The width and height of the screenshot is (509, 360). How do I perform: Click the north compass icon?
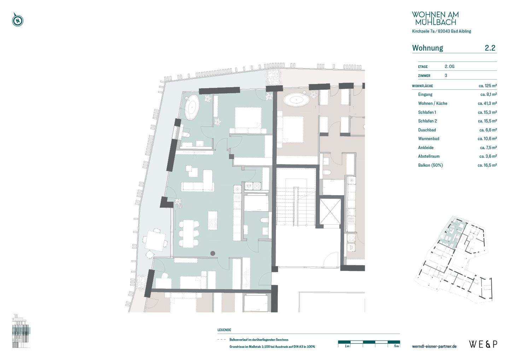18,20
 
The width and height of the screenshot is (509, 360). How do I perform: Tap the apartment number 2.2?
490,48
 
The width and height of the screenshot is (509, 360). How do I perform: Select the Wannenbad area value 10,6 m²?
487,138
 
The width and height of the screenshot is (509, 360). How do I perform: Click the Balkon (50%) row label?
431,165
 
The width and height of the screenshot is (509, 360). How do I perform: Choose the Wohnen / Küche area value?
487,104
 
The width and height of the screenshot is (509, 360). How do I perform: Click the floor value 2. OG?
450,66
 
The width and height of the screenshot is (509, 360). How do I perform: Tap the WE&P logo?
483,344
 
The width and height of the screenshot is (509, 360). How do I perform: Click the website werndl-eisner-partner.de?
434,346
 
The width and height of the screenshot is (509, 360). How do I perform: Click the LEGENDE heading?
224,330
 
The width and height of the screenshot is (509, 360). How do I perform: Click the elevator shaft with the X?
330,212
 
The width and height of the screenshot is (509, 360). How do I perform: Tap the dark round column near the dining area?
213,253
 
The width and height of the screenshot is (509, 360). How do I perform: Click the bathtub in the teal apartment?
192,107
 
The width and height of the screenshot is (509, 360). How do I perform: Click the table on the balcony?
156,241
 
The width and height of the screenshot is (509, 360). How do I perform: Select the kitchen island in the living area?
213,220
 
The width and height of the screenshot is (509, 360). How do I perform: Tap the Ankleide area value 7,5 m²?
488,148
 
